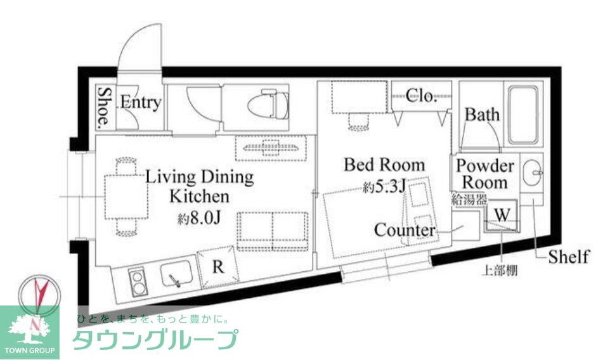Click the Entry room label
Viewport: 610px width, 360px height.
pyautogui.click(x=140, y=103)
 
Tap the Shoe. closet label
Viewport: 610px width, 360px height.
pyautogui.click(x=104, y=106)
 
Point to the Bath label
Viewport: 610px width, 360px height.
pyautogui.click(x=482, y=115)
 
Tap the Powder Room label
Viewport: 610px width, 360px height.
pyautogui.click(x=485, y=174)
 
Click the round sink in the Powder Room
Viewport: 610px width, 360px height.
pyautogui.click(x=531, y=170)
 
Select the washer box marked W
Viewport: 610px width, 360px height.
pyautogui.click(x=502, y=214)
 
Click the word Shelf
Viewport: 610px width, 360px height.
pyautogui.click(x=568, y=257)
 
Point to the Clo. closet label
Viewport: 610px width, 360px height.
pyautogui.click(x=420, y=96)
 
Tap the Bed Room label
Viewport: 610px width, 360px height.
pyautogui.click(x=384, y=165)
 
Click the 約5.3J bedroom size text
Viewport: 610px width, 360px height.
pyautogui.click(x=385, y=187)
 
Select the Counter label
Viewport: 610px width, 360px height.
pyautogui.click(x=405, y=229)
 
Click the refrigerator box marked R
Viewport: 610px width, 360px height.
pyautogui.click(x=218, y=267)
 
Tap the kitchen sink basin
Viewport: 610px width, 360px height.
pyautogui.click(x=175, y=276)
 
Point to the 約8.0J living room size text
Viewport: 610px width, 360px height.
pyautogui.click(x=198, y=219)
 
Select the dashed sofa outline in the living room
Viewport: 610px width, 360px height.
pyautogui.click(x=273, y=229)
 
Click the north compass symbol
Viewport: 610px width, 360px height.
pyautogui.click(x=39, y=293)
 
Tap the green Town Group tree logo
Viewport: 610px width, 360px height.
pyautogui.click(x=29, y=330)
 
